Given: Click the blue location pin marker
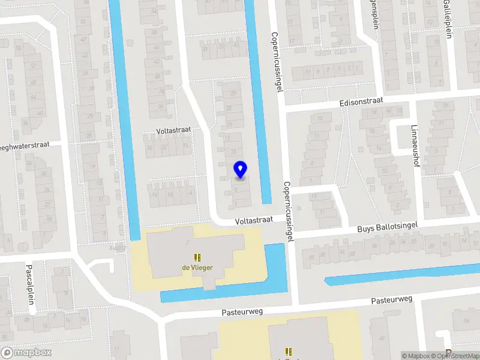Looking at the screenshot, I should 240,170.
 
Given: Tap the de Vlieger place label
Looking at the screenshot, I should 197,268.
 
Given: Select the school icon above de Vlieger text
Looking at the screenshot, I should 197,258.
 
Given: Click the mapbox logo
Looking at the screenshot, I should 26,352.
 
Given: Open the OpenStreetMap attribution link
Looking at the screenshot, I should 456,356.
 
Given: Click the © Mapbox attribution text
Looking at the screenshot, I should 415,356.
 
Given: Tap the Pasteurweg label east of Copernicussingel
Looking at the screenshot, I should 392,299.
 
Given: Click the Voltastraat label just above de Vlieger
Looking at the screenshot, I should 254,220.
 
